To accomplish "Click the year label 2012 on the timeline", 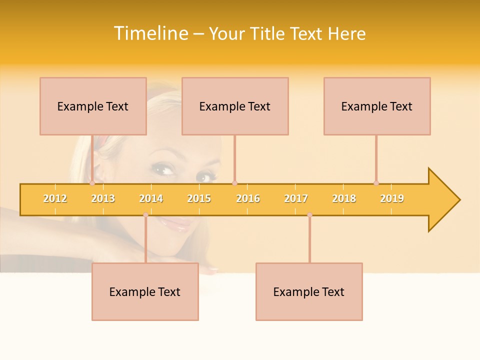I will (x=55, y=199).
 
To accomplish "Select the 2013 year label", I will (x=103, y=199).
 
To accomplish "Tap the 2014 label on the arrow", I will (x=151, y=199).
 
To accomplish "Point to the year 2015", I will (x=199, y=199).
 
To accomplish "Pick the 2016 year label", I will (x=248, y=199).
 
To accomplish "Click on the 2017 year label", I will (x=296, y=199).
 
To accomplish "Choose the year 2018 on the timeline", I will (x=344, y=199).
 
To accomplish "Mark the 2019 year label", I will (x=392, y=199).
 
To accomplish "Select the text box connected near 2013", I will (x=93, y=106).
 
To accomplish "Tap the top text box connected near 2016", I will (x=235, y=106).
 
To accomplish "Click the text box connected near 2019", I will (x=377, y=106).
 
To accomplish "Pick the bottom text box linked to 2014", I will (x=145, y=291).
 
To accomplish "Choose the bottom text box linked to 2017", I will (x=309, y=291).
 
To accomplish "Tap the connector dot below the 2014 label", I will (x=145, y=214).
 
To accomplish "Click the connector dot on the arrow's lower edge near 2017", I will (x=309, y=214).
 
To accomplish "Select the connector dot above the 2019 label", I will (x=376, y=183).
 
